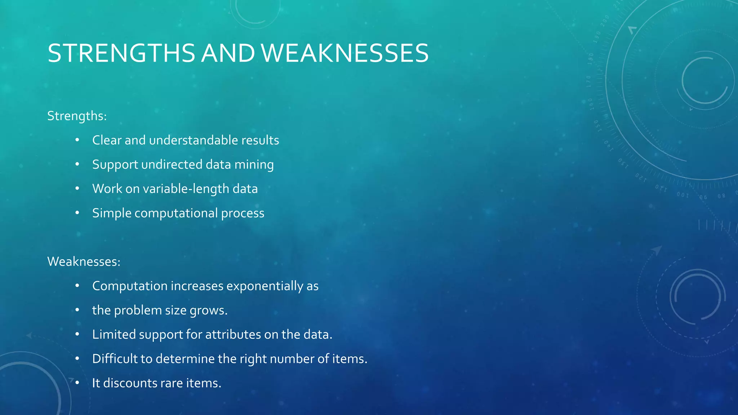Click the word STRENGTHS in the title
pyautogui.click(x=121, y=53)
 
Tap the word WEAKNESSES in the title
pyautogui.click(x=345, y=53)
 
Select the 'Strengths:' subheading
pyautogui.click(x=77, y=116)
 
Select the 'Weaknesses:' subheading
pyautogui.click(x=84, y=262)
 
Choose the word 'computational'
pyautogui.click(x=176, y=213)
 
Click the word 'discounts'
pyautogui.click(x=130, y=383)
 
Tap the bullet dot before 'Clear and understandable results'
pyautogui.click(x=77, y=140)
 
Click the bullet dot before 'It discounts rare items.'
pyautogui.click(x=77, y=383)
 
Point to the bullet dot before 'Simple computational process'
pyautogui.click(x=77, y=213)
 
